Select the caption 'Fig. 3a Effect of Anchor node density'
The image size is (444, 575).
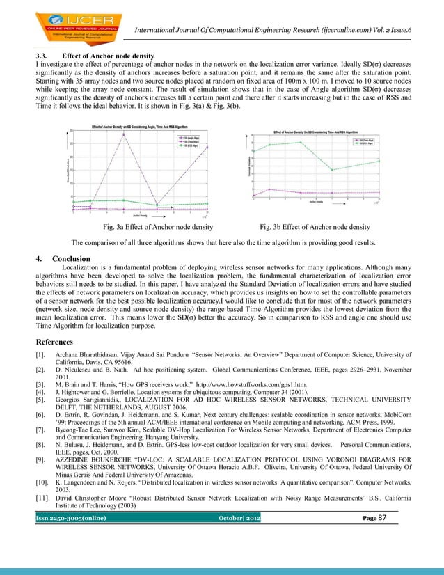pyautogui.click(x=158, y=227)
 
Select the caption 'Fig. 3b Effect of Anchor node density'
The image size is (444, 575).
pyautogui.click(x=315, y=227)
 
